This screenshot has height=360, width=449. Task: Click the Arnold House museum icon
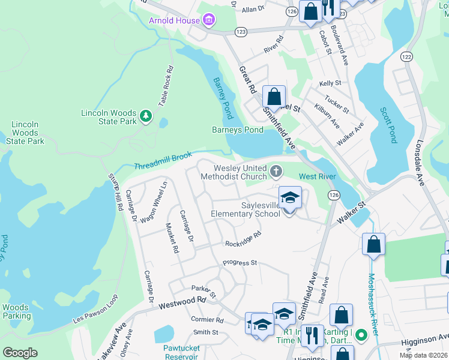click(x=208, y=21)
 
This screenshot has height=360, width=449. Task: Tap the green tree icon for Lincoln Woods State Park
click(x=145, y=115)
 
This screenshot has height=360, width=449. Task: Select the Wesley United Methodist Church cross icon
click(x=276, y=172)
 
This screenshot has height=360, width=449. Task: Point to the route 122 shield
click(x=407, y=56)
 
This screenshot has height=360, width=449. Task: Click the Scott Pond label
click(x=389, y=125)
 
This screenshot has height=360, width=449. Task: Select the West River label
click(x=317, y=176)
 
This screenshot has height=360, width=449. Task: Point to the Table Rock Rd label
click(x=166, y=86)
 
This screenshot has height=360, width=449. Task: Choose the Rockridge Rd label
click(x=243, y=240)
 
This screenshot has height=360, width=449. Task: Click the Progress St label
click(x=240, y=263)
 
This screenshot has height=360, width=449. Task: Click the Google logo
click(x=20, y=353)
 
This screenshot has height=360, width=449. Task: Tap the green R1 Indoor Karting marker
click(x=360, y=334)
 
